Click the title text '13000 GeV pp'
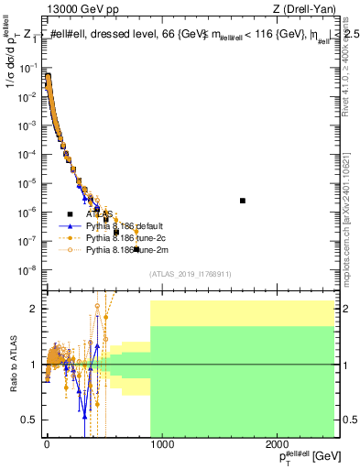tap(79, 9)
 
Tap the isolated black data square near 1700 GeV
tap(243, 200)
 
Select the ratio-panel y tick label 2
tap(34, 309)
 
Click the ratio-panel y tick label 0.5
tap(29, 420)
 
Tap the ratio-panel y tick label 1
tap(34, 365)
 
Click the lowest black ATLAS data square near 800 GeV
tap(136, 249)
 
